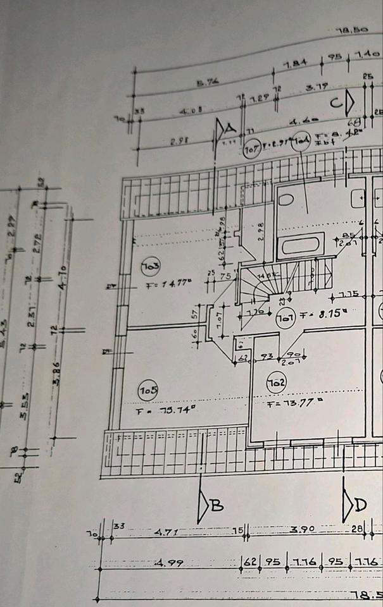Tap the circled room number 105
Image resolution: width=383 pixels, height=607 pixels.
[x=148, y=391]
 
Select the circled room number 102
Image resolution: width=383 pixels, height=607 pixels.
[x=276, y=383]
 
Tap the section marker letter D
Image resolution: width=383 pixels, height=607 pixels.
[x=360, y=505]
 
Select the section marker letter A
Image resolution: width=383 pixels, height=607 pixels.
[x=230, y=128]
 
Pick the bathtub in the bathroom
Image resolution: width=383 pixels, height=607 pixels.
[x=302, y=244]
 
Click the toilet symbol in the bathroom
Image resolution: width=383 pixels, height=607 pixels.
[x=286, y=199]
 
